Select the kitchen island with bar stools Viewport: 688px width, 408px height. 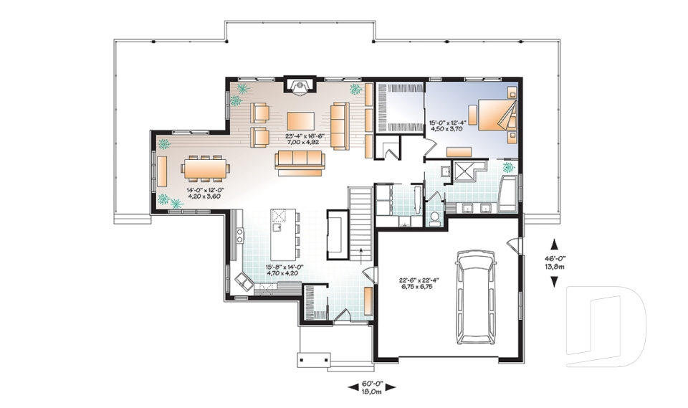point(282,233)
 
